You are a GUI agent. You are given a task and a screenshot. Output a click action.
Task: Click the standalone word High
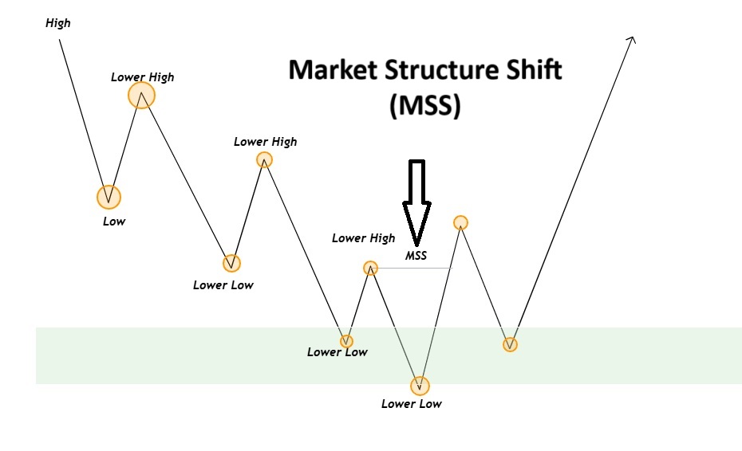pyautogui.click(x=58, y=23)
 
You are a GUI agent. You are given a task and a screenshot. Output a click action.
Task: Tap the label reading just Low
pyautogui.click(x=114, y=222)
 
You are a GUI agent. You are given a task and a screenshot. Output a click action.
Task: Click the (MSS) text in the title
pyautogui.click(x=425, y=106)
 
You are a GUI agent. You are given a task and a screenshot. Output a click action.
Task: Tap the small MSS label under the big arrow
pyautogui.click(x=416, y=256)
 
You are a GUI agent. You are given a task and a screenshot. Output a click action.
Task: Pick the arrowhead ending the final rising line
pyautogui.click(x=632, y=39)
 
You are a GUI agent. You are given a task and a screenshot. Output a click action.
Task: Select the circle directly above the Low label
pyautogui.click(x=109, y=196)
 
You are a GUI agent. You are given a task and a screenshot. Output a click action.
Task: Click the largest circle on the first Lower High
pyautogui.click(x=141, y=96)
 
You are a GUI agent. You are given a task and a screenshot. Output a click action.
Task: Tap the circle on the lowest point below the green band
pyautogui.click(x=420, y=386)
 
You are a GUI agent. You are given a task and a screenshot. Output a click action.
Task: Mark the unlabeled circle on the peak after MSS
pyautogui.click(x=460, y=222)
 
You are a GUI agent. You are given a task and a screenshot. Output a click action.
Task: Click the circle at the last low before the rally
pyautogui.click(x=510, y=344)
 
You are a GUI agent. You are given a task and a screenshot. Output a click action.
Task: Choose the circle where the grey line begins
pyautogui.click(x=370, y=268)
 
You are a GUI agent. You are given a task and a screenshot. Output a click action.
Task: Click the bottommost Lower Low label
pyautogui.click(x=411, y=404)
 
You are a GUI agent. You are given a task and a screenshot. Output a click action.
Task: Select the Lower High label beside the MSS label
pyautogui.click(x=363, y=238)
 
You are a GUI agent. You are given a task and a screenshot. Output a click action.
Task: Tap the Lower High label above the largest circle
pyautogui.click(x=142, y=77)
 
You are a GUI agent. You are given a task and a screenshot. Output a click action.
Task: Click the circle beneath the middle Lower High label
pyautogui.click(x=264, y=159)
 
